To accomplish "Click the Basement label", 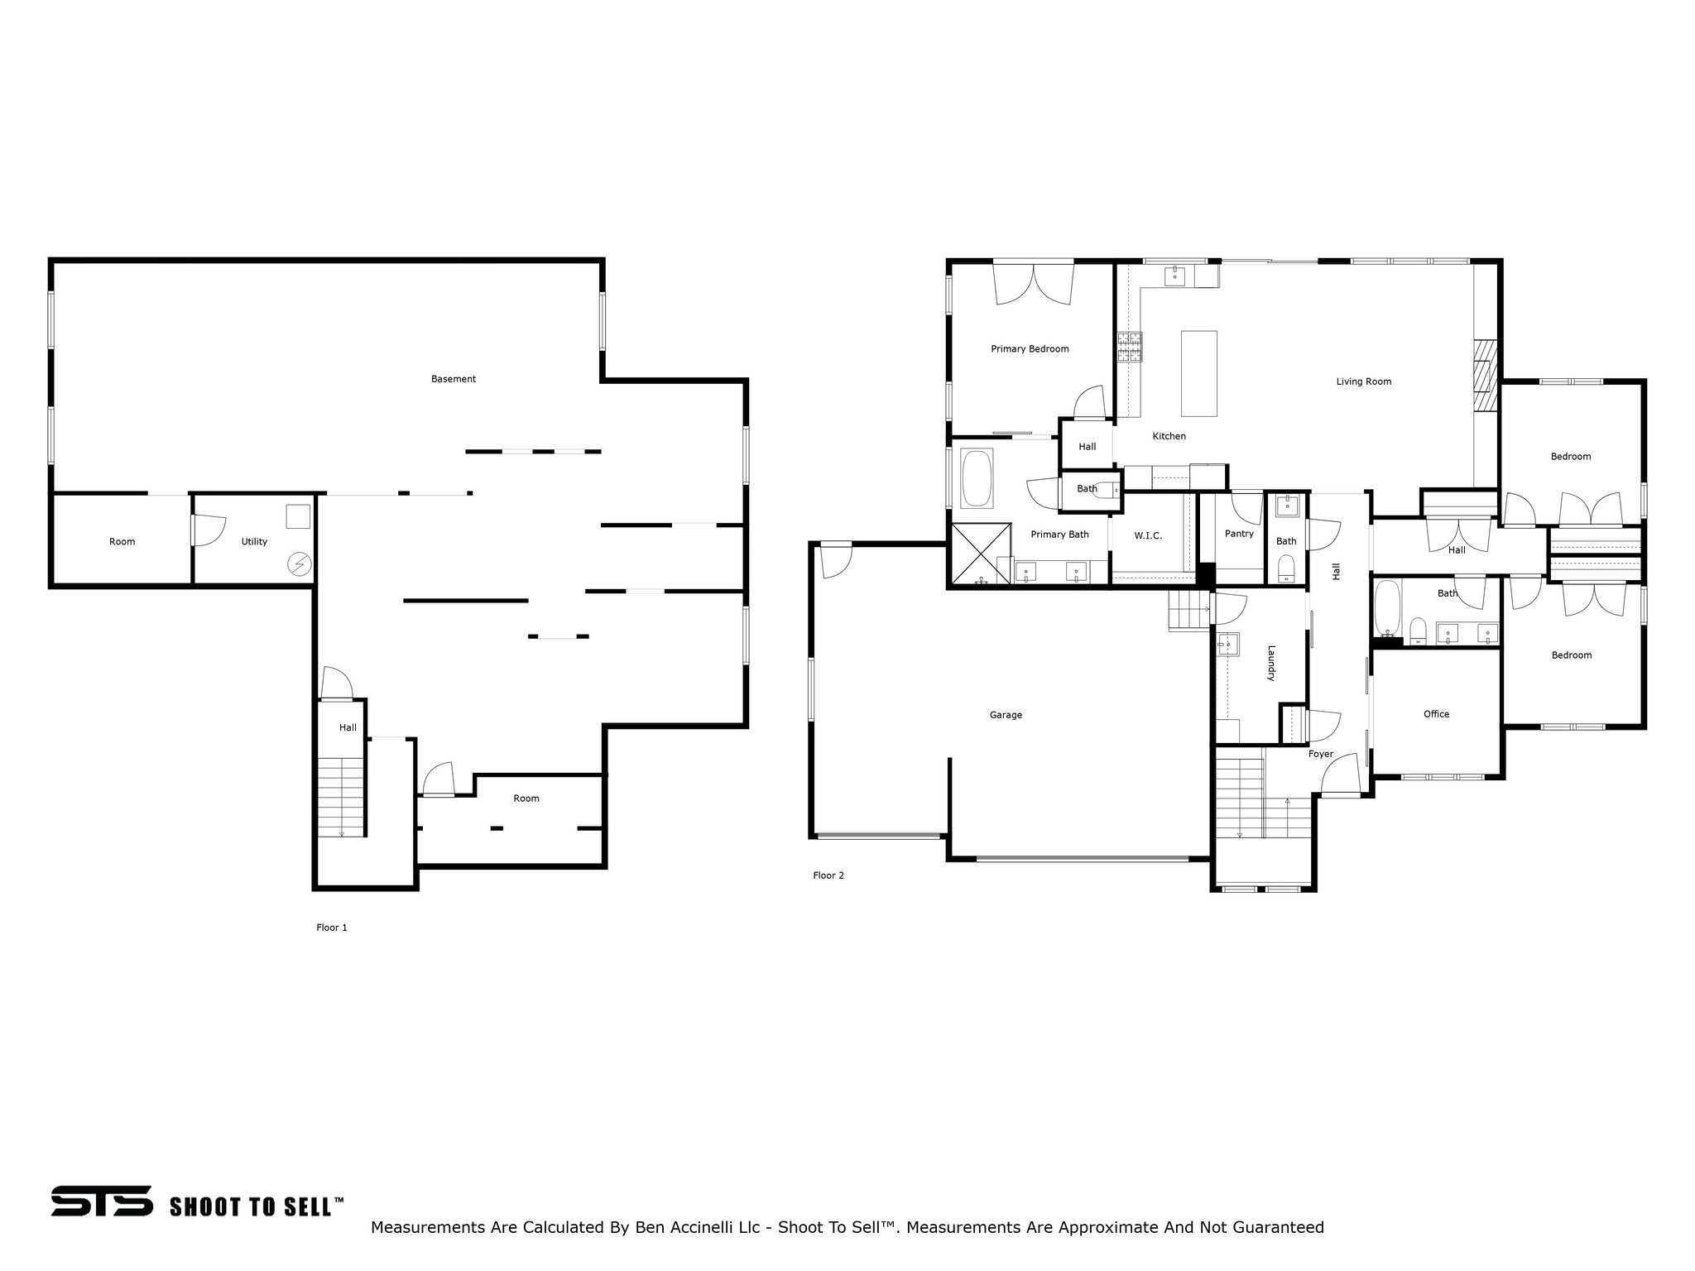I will click(x=453, y=379).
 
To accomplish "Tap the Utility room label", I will click(x=254, y=542).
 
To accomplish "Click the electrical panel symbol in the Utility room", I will click(x=298, y=564).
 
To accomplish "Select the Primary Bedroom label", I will click(x=1030, y=349).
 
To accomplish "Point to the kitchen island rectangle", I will click(x=1198, y=373).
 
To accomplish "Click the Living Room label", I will click(x=1363, y=381).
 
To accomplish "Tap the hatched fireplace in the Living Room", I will click(x=1486, y=375).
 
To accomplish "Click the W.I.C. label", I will click(x=1148, y=536).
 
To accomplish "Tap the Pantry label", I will click(x=1239, y=534).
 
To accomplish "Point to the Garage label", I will click(x=1006, y=715).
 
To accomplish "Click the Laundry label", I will click(x=1272, y=664).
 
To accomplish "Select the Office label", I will click(x=1436, y=714).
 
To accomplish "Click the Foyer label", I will click(x=1320, y=754).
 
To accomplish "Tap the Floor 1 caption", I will click(x=331, y=928).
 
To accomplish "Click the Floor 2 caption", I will click(x=828, y=875).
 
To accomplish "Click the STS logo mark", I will click(x=101, y=1201).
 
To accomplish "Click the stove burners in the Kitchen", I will click(x=1130, y=347).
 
